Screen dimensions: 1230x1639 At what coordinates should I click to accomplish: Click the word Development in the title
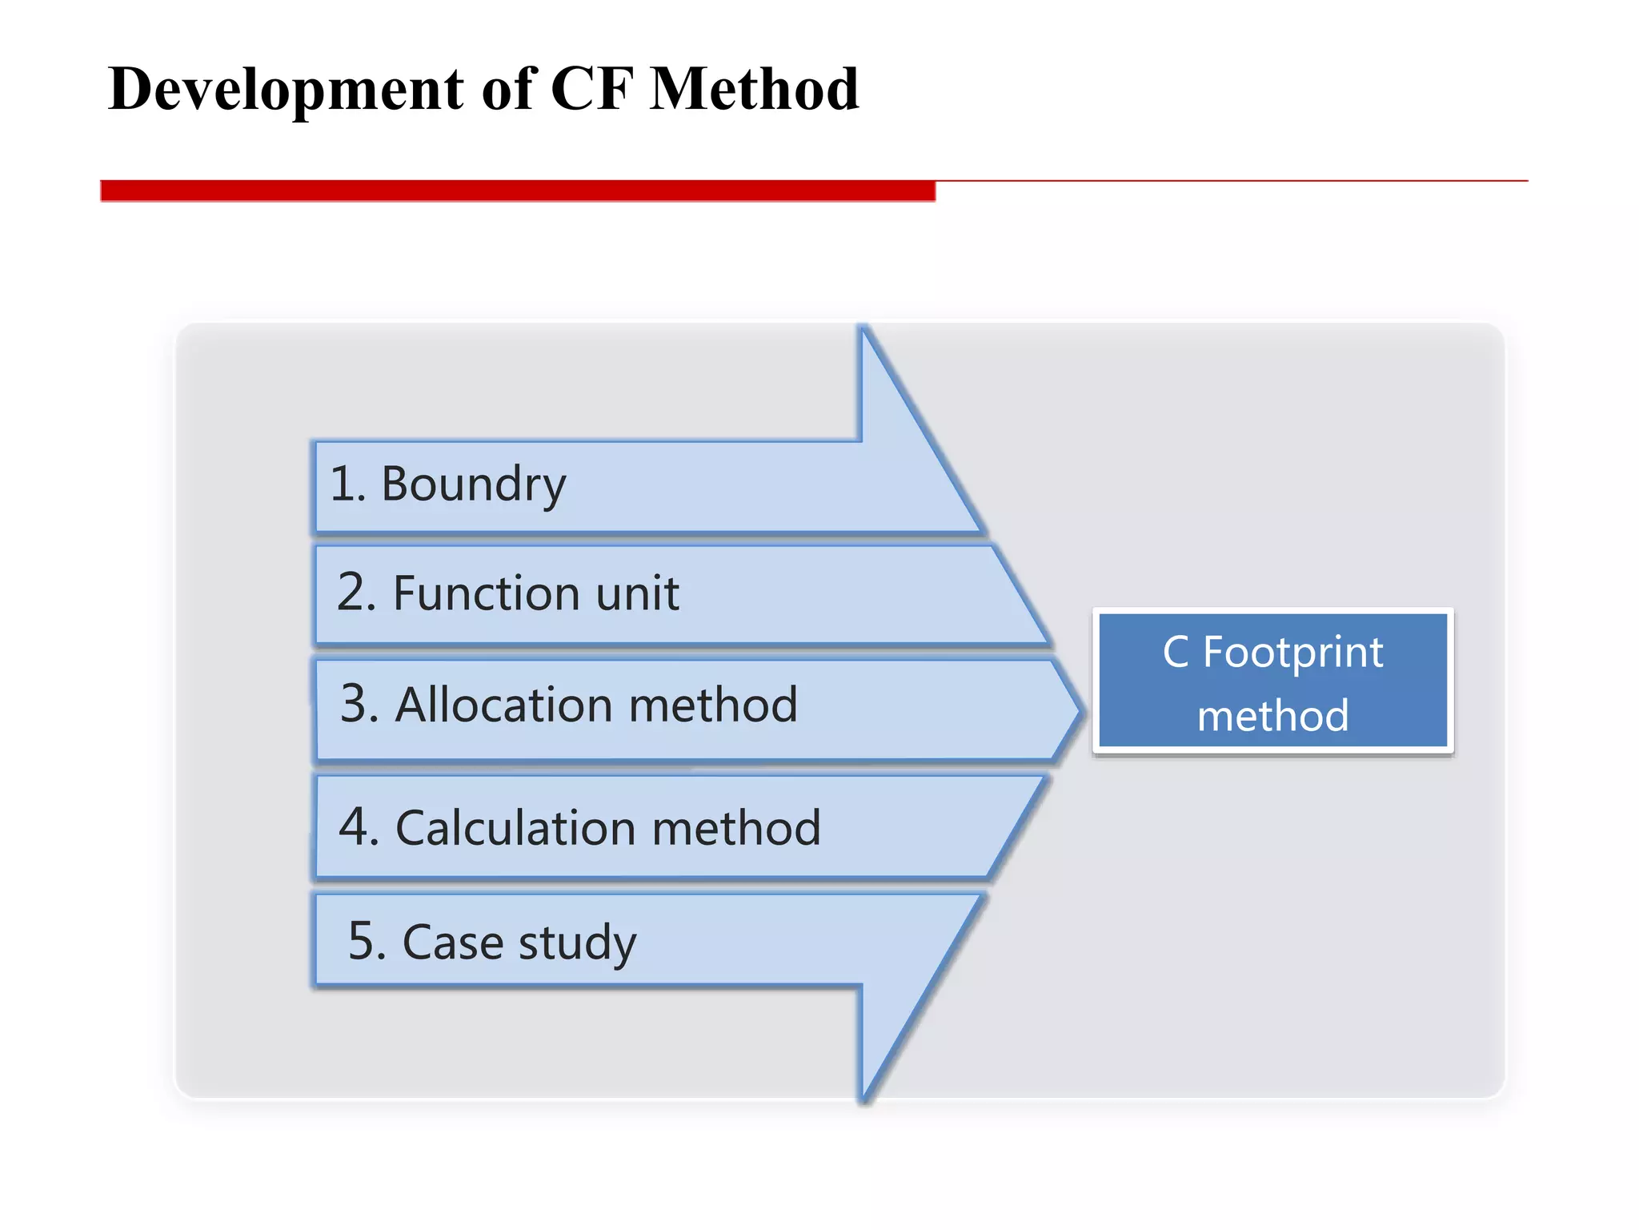[286, 90]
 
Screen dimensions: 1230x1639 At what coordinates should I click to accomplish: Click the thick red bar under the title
[517, 191]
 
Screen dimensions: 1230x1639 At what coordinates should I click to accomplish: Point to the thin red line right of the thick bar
[1232, 181]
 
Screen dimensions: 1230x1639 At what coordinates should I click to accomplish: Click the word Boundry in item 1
[473, 485]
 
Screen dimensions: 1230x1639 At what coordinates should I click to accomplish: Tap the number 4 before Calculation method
[354, 827]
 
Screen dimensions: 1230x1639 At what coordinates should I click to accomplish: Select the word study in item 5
[577, 943]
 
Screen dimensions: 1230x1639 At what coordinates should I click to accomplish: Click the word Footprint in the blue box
[1292, 653]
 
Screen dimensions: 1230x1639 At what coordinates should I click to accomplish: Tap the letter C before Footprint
[1176, 652]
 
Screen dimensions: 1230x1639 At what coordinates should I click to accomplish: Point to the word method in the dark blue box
[1272, 715]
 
